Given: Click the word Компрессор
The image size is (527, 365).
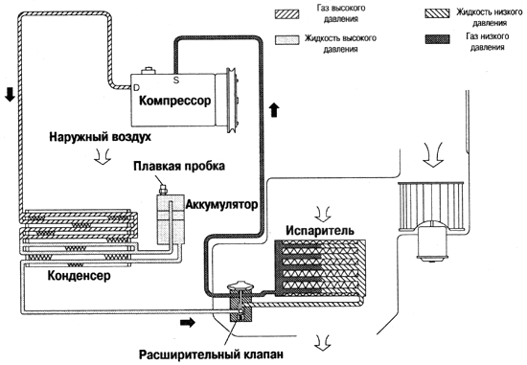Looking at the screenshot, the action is (174, 101).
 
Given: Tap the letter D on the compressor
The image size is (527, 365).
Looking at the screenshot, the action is (136, 88).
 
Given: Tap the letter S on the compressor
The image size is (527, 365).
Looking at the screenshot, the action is (176, 80).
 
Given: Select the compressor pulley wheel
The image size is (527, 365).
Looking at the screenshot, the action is (231, 101).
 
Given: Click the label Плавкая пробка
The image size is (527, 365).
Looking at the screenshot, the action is (179, 166).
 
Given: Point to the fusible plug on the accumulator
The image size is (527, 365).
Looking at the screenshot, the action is (163, 189).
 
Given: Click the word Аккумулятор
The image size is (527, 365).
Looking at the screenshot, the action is (221, 204).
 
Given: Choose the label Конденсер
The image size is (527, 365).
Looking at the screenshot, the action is (79, 276).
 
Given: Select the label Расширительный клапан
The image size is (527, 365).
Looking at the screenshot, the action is (211, 354).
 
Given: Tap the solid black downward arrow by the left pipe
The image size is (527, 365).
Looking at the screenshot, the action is (11, 95).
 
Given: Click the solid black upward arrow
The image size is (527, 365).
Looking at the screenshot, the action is (275, 110).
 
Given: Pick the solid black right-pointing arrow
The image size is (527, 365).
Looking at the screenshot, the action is (188, 323).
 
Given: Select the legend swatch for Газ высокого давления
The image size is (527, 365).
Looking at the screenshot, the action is (287, 13).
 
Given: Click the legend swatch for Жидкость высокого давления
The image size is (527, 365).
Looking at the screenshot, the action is (287, 39).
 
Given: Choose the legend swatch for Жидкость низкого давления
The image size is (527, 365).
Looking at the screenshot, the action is (437, 13).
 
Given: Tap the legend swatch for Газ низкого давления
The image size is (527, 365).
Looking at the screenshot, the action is (437, 39).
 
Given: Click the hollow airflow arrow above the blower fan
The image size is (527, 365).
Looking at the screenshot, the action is (432, 154).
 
